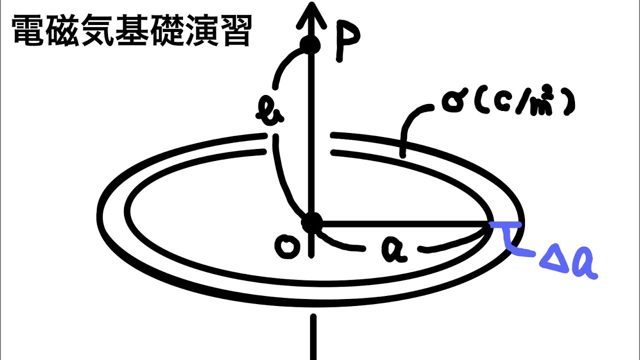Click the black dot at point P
[310, 45]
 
